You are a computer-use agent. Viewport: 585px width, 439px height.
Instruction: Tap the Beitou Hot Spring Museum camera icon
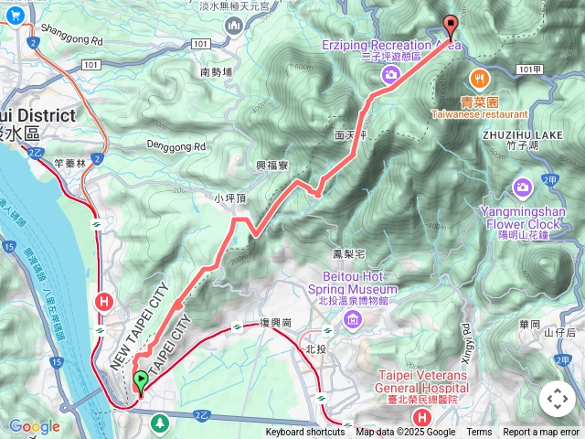coord(353,318)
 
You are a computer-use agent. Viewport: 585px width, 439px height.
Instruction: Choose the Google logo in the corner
coord(34,426)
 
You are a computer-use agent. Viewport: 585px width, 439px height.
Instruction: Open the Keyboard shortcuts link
coord(305,433)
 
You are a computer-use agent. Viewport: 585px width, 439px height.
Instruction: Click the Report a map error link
coord(541,433)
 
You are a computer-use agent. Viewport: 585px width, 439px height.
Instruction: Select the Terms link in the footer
coord(479,433)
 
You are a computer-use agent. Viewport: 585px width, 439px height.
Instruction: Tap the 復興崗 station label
coord(274,324)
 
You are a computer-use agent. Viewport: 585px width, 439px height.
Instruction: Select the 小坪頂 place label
coord(231,198)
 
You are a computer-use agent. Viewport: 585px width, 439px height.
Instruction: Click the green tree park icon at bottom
coord(161,423)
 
